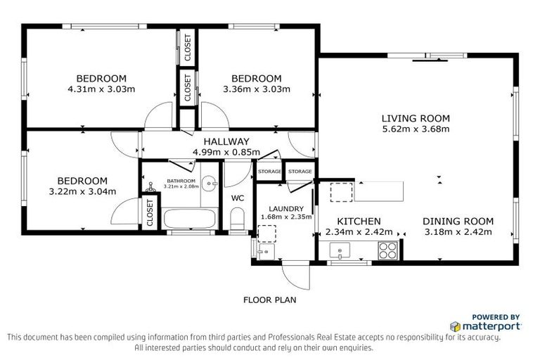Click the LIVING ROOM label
[415, 118]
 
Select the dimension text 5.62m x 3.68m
[415, 129]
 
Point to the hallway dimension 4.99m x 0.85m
[221, 152]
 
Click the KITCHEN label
[359, 221]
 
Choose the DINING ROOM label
[458, 221]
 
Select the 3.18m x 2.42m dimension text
[458, 231]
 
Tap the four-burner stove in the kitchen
[387, 249]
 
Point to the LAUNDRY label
[285, 209]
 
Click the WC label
[238, 198]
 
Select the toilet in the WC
[238, 217]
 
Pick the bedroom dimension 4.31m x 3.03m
[101, 89]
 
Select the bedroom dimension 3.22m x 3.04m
[82, 191]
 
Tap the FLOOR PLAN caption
[270, 300]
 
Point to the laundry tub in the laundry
[266, 252]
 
